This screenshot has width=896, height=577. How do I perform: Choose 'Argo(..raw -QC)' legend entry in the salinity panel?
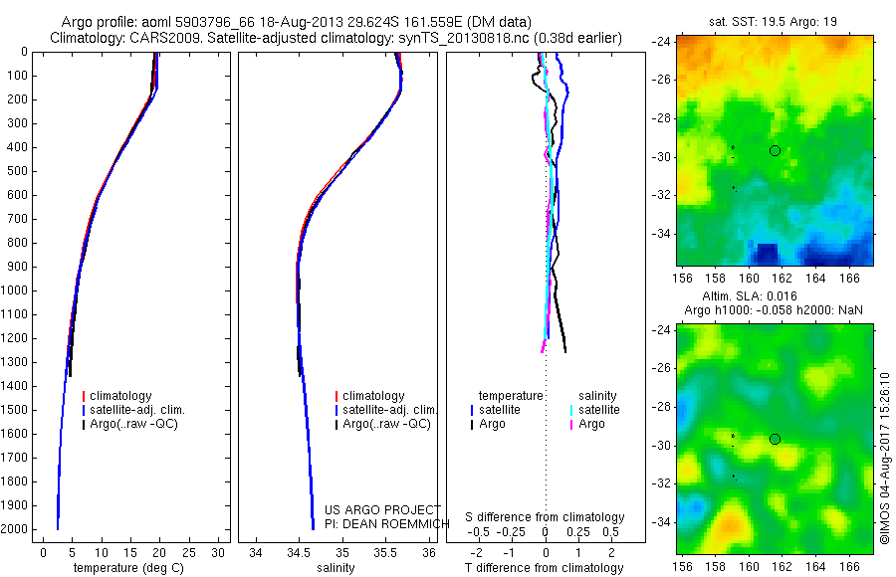385,424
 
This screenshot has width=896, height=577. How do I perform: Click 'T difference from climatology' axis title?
546,568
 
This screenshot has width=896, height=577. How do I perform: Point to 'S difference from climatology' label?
546,517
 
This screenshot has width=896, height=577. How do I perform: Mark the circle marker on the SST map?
775,151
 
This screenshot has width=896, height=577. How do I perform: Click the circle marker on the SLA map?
775,439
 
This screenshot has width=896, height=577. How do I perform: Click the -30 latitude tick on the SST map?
661,157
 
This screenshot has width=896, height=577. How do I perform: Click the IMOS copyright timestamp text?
885,458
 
